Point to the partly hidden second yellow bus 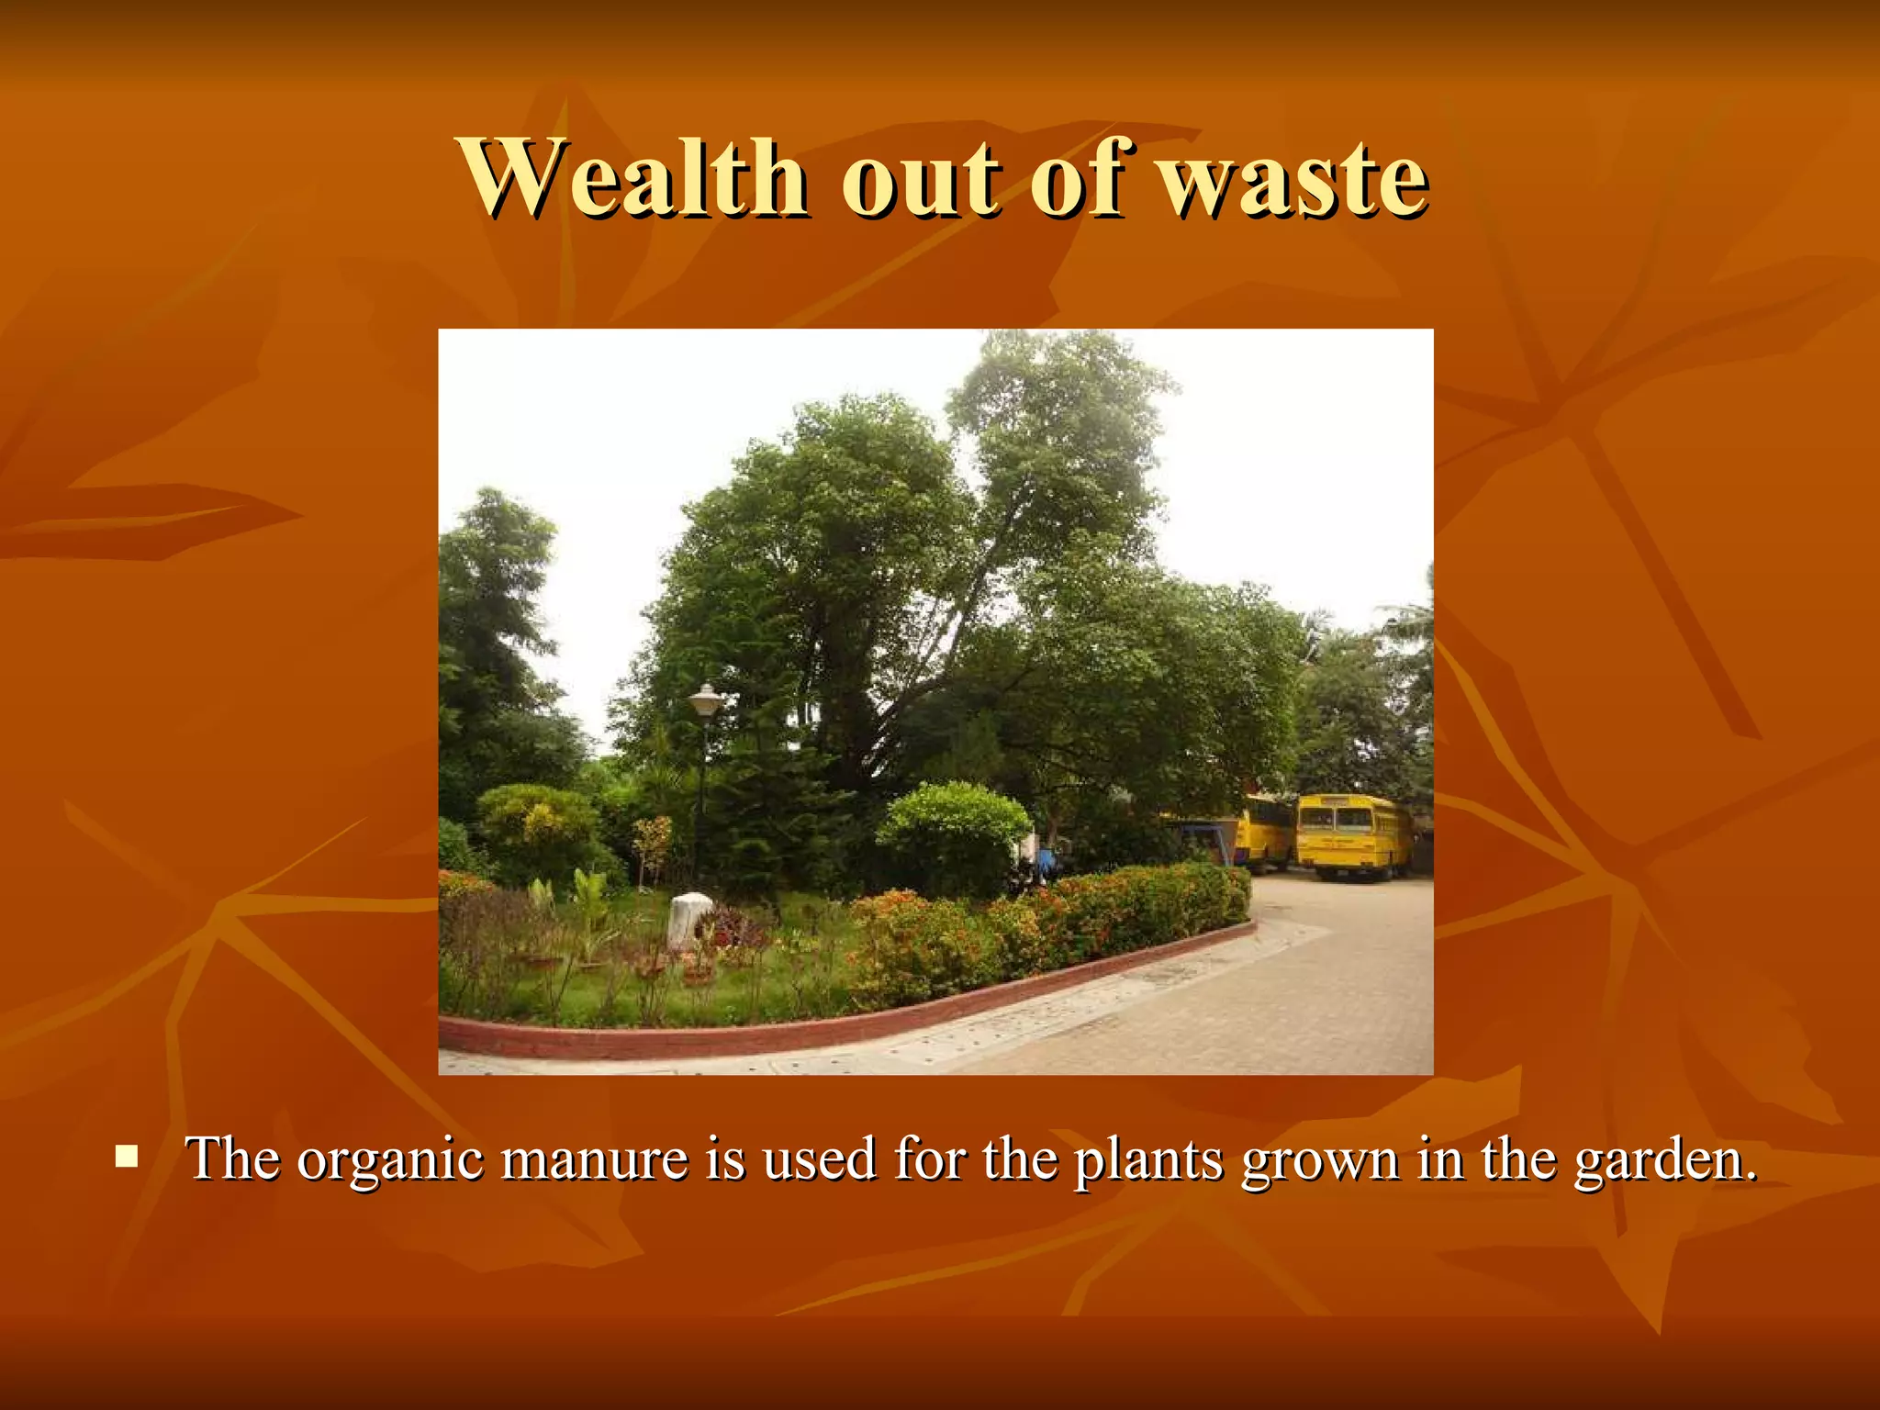[1265, 831]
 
